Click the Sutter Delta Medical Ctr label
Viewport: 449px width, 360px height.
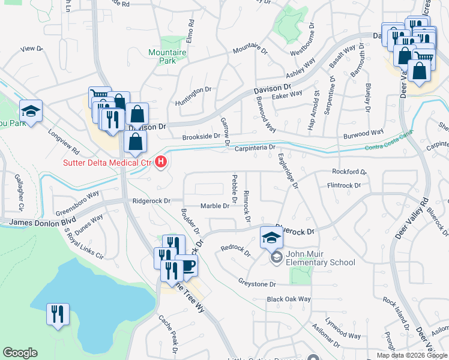107,162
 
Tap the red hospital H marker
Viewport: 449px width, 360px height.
160,162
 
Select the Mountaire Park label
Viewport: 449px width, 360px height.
167,56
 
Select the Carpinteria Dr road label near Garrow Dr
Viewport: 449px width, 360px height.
254,147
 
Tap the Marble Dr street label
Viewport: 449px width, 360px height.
215,206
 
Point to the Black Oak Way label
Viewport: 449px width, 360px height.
289,299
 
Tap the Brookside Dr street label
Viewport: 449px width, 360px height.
202,136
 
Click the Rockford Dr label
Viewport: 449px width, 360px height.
349,172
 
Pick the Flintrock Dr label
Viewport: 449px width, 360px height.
344,186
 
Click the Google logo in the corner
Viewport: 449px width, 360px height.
20,353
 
